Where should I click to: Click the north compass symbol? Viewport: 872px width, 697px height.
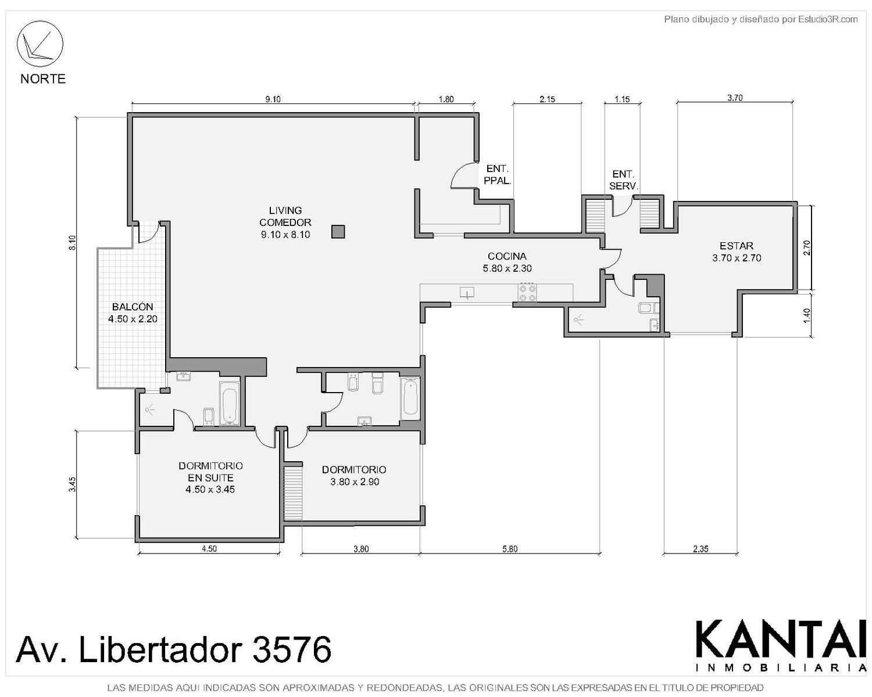coord(40,44)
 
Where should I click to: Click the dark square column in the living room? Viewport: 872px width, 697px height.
coord(338,232)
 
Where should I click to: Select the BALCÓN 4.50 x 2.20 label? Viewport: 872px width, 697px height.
coord(133,312)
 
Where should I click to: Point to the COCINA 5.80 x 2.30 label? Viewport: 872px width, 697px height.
coord(507,262)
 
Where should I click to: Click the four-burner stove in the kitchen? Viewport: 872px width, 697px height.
coord(528,293)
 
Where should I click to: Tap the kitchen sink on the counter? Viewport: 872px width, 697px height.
coord(467,292)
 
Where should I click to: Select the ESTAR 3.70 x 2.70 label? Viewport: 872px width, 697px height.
coord(736,252)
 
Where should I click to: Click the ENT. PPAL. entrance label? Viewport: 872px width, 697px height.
coord(497,175)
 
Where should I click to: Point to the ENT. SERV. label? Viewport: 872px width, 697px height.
coord(623,180)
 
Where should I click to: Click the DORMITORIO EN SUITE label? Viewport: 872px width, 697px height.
coord(210,477)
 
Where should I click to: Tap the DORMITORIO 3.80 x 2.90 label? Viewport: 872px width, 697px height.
coord(354,476)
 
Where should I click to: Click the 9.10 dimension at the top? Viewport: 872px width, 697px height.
coord(273,99)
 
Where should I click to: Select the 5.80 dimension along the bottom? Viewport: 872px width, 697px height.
coord(510,549)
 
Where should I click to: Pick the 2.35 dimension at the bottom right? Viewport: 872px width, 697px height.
coord(701,549)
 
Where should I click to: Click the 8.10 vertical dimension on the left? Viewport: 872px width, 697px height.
coord(72,242)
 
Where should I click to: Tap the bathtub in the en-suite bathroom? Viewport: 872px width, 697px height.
coord(230,403)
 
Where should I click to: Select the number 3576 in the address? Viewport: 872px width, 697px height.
coord(291,649)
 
